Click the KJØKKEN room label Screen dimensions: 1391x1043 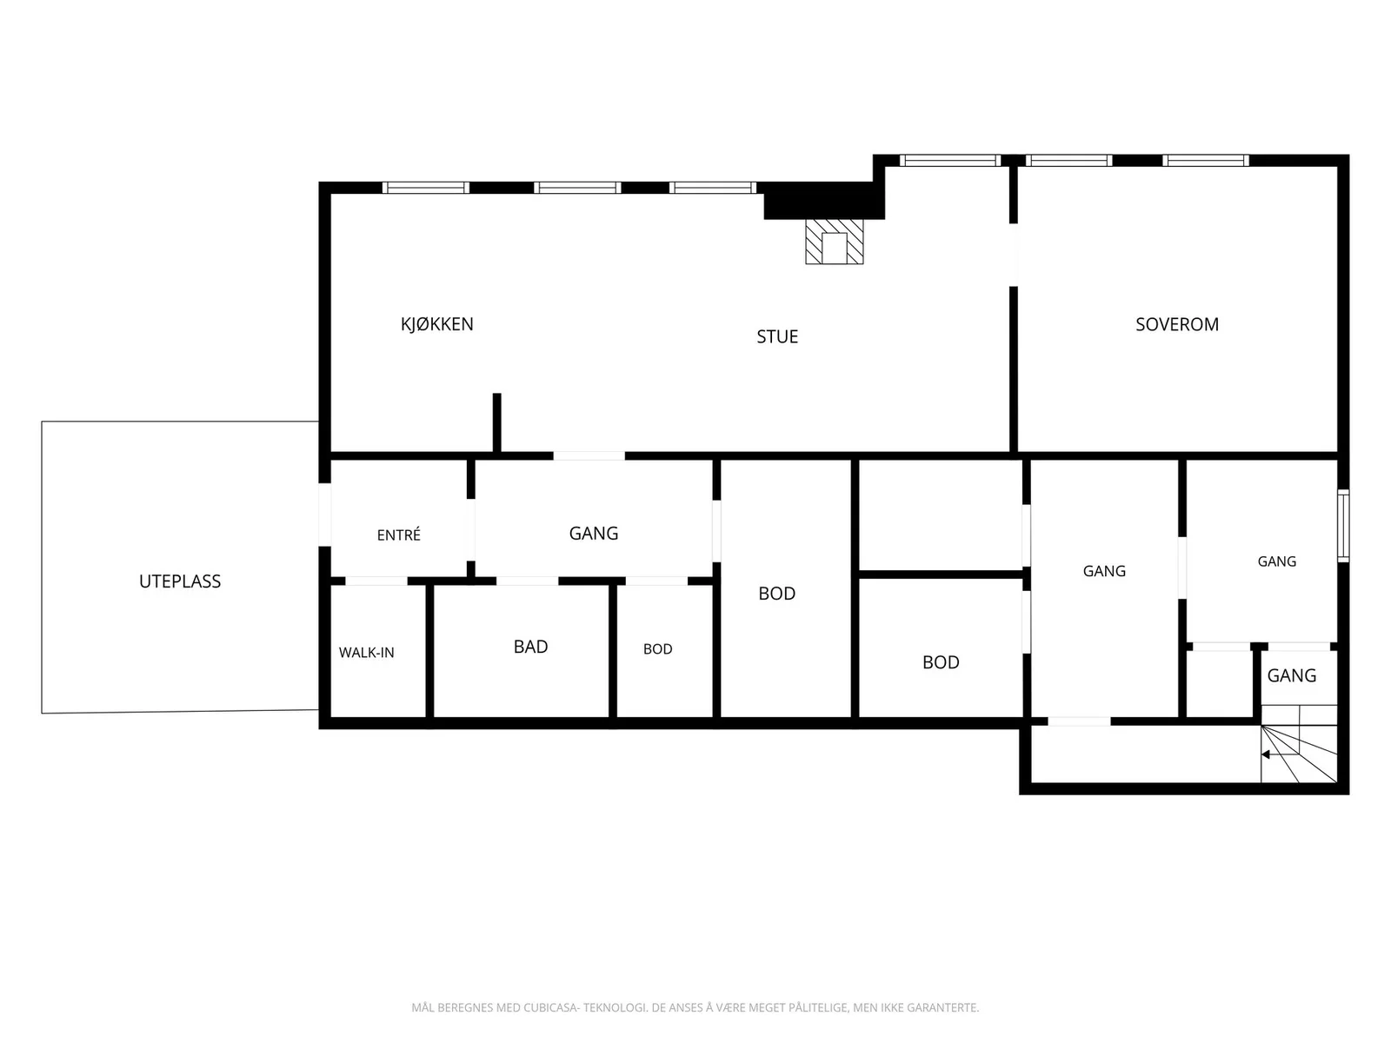coord(436,324)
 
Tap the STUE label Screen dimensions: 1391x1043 coord(777,336)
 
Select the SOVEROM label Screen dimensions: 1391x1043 coord(1177,324)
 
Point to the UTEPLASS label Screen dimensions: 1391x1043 coord(180,581)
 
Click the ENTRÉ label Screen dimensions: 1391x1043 coord(398,535)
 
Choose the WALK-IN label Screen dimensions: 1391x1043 coord(366,652)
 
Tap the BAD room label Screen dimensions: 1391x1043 coord(530,647)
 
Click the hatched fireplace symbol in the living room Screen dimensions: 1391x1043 coord(834,242)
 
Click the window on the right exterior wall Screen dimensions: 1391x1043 coord(1343,526)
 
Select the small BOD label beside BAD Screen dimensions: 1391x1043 coord(657,648)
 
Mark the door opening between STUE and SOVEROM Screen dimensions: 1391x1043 coord(1014,255)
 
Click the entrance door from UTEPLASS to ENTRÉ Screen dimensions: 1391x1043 coord(324,515)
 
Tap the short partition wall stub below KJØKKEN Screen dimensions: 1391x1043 coord(496,422)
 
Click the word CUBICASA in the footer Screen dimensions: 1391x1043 coord(550,1006)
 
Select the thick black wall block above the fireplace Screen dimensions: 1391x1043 coord(824,201)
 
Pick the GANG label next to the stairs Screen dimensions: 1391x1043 coord(1292,675)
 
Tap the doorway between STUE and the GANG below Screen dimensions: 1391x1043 coord(589,456)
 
